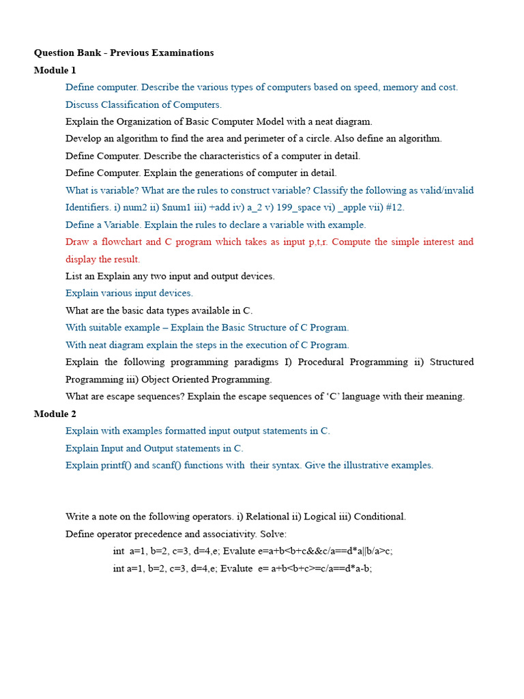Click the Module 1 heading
55,70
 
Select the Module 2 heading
55,414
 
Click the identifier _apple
355,208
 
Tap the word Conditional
379,517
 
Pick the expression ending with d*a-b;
321,569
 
